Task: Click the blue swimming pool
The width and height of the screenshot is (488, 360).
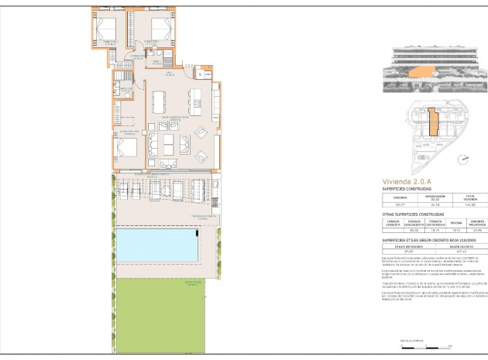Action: tap(156, 245)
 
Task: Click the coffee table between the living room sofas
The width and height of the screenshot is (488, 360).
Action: tap(170, 144)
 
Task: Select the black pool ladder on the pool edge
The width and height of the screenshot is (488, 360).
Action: tap(198, 232)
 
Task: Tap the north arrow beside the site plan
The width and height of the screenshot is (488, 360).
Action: tap(464, 161)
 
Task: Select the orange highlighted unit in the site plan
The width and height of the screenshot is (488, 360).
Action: tap(434, 124)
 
